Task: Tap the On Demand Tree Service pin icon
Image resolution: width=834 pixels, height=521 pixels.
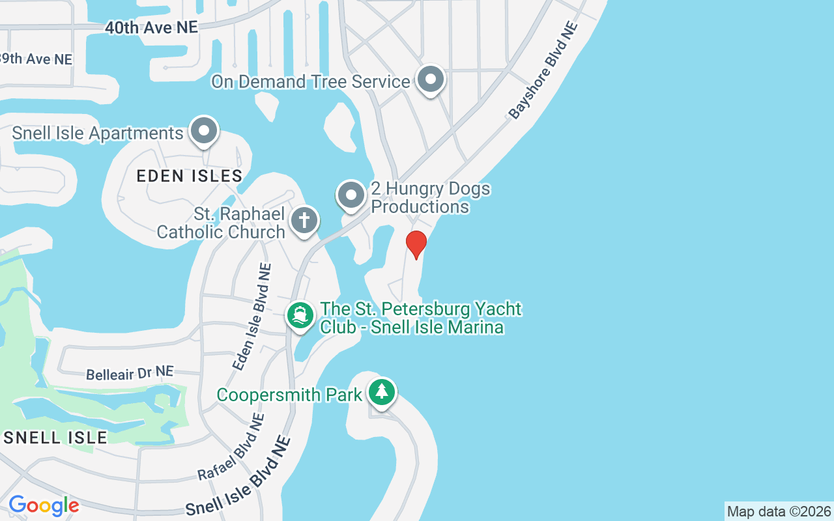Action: click(x=430, y=80)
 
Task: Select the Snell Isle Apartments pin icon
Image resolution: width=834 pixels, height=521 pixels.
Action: click(x=204, y=132)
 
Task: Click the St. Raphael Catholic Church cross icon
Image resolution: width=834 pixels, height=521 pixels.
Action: click(x=304, y=220)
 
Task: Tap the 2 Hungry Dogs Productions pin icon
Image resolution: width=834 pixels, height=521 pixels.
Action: click(x=351, y=195)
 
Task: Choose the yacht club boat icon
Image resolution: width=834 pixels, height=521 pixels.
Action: click(x=300, y=316)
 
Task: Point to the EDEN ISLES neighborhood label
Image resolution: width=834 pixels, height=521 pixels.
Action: click(x=190, y=176)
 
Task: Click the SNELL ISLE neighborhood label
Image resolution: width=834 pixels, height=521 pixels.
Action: click(x=55, y=437)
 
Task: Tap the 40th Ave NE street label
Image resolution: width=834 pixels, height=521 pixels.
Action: click(x=151, y=27)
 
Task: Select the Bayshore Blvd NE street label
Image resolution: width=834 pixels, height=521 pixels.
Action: click(x=543, y=71)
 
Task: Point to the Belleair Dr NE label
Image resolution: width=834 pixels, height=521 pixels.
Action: click(x=130, y=373)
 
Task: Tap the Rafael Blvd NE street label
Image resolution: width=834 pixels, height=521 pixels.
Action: click(x=231, y=447)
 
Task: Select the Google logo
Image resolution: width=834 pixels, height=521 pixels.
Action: click(x=44, y=505)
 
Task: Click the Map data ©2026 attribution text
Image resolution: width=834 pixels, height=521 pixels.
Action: click(x=779, y=511)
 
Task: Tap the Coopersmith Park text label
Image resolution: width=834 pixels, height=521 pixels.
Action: click(x=289, y=395)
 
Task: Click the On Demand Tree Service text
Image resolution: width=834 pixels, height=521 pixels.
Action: click(x=310, y=81)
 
